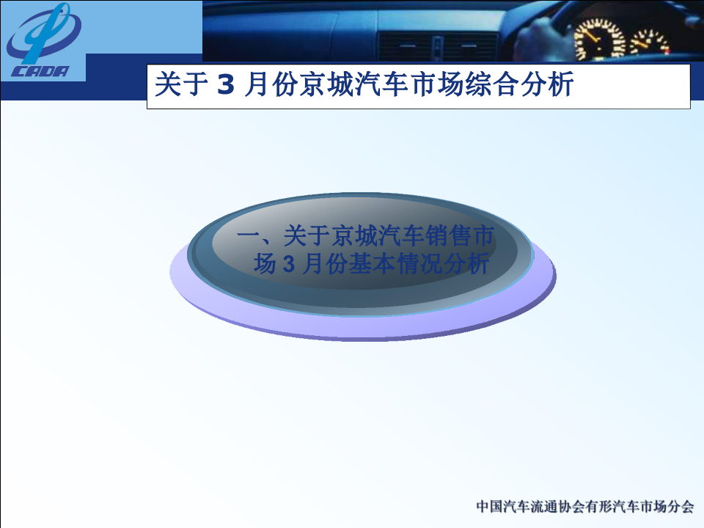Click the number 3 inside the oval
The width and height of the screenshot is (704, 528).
coord(288,264)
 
